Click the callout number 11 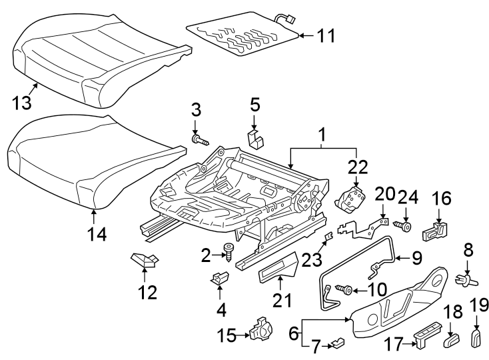click(x=326, y=36)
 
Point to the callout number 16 click(x=441, y=199)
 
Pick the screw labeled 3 click(x=199, y=139)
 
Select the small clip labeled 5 click(x=254, y=138)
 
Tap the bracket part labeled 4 click(x=219, y=281)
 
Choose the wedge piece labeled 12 click(x=144, y=259)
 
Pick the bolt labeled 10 click(x=346, y=289)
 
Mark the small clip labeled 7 click(x=340, y=343)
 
